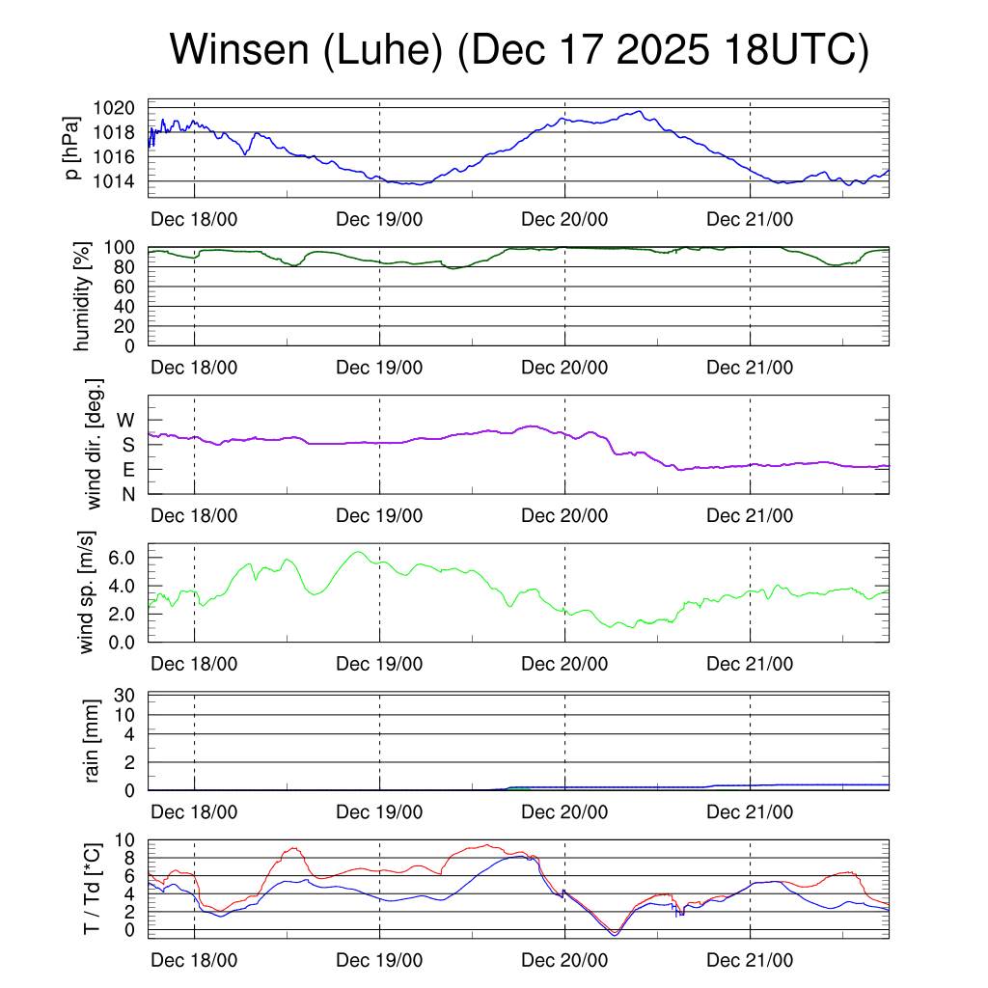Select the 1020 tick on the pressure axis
[x=121, y=108]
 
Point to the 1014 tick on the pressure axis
[x=121, y=181]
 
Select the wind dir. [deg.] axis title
[x=94, y=444]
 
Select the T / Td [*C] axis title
[x=93, y=888]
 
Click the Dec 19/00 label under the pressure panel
[x=379, y=219]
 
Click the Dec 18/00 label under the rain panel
[x=194, y=811]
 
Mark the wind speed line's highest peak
[x=358, y=552]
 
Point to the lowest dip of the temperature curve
[x=614, y=932]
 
